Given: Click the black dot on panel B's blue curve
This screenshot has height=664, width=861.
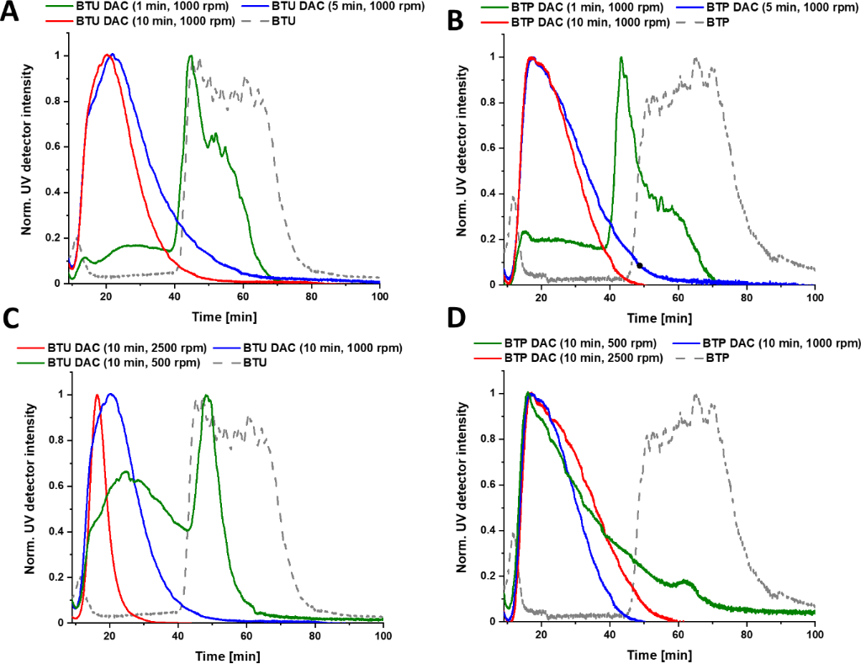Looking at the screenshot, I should [640, 266].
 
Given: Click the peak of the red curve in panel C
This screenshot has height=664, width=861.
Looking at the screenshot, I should [98, 395].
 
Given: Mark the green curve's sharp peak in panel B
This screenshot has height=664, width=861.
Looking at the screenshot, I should [621, 58].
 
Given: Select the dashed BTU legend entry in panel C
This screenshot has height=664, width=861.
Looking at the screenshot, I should [244, 363].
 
